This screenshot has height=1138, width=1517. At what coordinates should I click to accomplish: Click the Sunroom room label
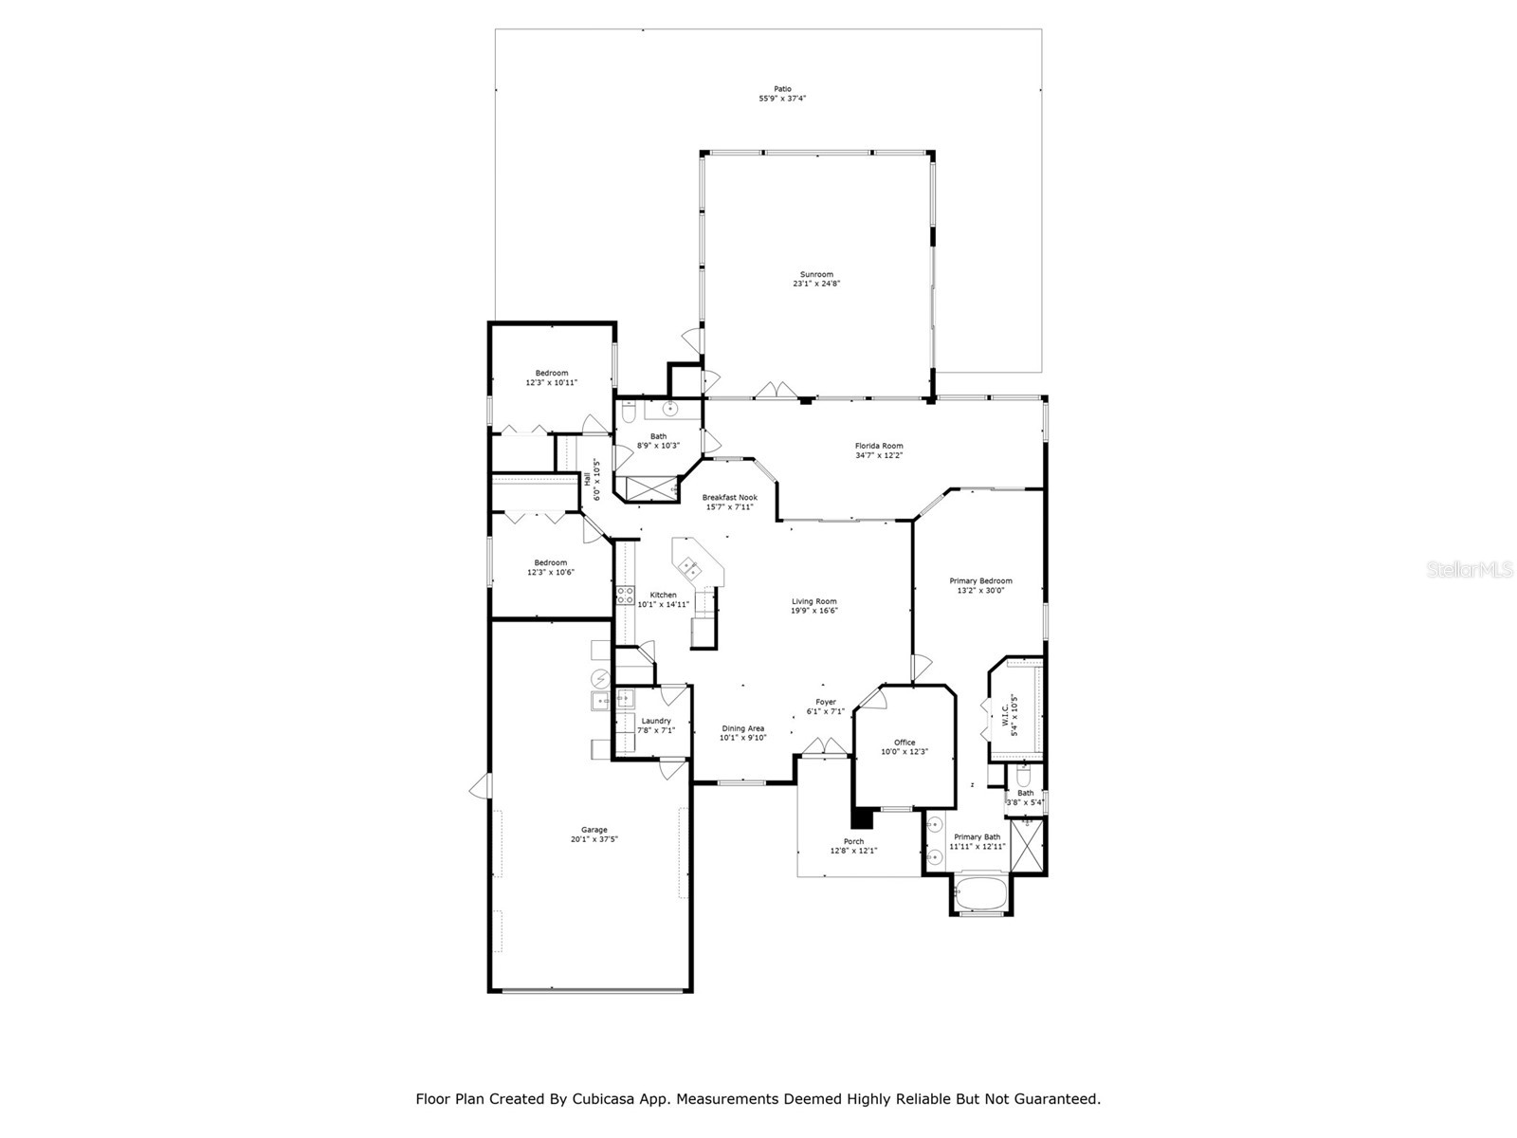[x=816, y=274]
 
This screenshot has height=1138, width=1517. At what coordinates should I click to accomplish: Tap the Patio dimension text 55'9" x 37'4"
[x=781, y=99]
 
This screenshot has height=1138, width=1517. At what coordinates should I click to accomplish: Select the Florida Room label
[x=879, y=446]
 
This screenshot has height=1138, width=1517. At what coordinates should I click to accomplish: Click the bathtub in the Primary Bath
[x=981, y=894]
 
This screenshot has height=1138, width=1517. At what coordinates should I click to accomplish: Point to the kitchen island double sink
[x=688, y=569]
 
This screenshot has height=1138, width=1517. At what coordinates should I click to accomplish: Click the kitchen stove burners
[x=625, y=595]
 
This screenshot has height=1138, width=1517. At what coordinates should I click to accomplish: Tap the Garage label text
[x=594, y=830]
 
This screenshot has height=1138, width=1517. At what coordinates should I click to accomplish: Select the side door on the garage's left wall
[x=483, y=785]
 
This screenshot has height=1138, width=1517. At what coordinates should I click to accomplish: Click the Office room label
[x=905, y=743]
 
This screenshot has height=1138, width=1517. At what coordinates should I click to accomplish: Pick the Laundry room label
[x=656, y=721]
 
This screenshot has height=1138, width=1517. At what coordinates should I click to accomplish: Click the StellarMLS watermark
[x=1469, y=569]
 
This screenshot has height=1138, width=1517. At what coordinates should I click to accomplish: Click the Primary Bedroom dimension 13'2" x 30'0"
[x=980, y=591]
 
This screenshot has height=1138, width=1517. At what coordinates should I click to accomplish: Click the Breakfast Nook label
[x=729, y=497]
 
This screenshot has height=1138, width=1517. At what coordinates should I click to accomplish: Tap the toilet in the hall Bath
[x=629, y=411]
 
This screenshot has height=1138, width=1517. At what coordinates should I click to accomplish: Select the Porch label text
[x=853, y=841]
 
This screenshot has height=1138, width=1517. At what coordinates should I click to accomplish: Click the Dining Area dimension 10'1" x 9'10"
[x=742, y=738]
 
